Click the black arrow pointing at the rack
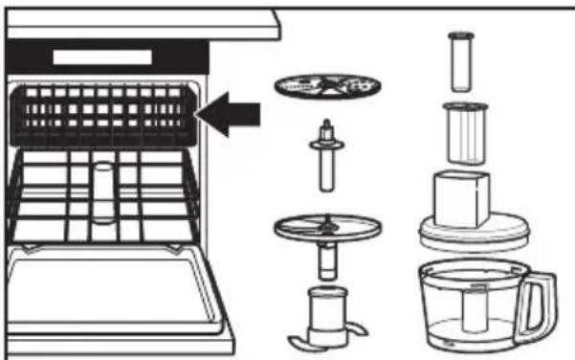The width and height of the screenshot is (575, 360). tap(234, 115)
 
